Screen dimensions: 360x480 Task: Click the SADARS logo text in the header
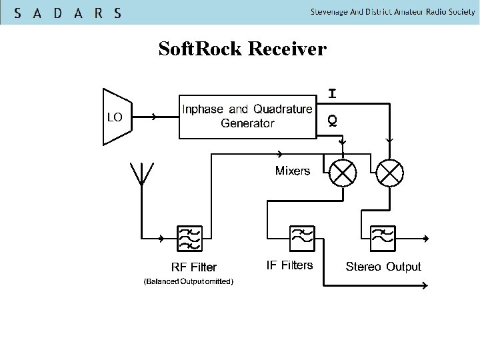click(67, 13)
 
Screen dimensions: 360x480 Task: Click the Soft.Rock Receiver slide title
click(242, 49)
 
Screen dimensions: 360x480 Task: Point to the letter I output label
click(331, 94)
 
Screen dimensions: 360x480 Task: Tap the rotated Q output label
click(331, 120)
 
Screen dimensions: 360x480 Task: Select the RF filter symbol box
click(189, 238)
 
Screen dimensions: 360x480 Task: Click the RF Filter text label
click(194, 267)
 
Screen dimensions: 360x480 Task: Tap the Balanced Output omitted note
click(189, 282)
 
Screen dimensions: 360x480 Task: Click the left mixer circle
click(343, 173)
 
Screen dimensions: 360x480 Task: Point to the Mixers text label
click(293, 171)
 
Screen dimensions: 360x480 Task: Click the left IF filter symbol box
click(302, 236)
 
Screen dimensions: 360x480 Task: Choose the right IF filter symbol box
click(383, 236)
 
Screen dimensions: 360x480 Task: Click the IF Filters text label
click(289, 265)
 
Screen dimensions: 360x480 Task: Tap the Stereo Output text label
click(383, 267)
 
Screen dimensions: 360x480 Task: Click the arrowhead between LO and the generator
click(154, 117)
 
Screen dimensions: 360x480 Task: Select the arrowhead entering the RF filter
click(163, 238)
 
